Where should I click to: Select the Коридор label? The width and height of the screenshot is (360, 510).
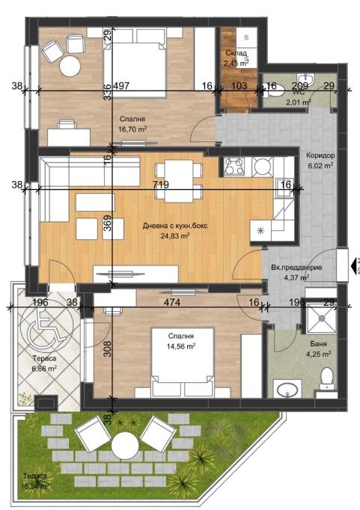tap(320, 156)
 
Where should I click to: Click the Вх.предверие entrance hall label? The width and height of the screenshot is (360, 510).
tap(296, 266)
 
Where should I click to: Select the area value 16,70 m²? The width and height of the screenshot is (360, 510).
tap(132, 129)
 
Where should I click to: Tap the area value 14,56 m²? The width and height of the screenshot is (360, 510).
tap(180, 346)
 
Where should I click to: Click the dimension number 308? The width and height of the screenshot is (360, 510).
tap(106, 349)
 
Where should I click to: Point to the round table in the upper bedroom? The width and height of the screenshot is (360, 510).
tap(70, 66)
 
